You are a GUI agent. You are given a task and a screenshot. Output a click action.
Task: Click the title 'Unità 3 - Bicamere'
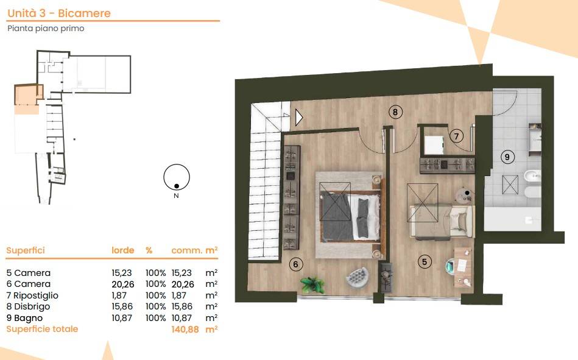coord(59,13)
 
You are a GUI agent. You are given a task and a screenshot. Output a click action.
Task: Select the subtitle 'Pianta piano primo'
coord(46,29)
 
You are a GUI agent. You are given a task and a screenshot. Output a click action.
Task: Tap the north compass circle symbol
coord(177,177)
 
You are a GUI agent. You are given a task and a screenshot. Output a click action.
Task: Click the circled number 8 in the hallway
coord(395,111)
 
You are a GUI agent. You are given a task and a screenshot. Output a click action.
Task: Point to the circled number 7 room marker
coord(456,136)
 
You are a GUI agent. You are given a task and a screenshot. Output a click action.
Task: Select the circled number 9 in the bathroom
coord(507,157)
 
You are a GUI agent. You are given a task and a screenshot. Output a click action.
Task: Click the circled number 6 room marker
coord(295,264)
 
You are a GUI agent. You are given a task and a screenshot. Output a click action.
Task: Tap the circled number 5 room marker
coord(425,262)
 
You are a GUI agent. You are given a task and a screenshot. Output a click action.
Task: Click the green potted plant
coord(312,284)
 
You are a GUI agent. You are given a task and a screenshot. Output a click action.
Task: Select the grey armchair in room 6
coord(358,277)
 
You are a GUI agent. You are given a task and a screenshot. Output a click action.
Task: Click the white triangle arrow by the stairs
coord(298,118)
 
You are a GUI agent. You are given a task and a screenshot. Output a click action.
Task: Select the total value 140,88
coord(185,329)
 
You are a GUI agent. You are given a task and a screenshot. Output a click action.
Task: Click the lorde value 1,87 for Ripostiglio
coord(119,295)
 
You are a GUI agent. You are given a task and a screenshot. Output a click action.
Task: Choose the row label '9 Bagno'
coord(24,318)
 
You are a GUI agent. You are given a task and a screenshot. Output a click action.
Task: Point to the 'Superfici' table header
coord(26,250)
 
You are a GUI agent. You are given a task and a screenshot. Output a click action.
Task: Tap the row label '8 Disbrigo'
coord(28,306)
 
